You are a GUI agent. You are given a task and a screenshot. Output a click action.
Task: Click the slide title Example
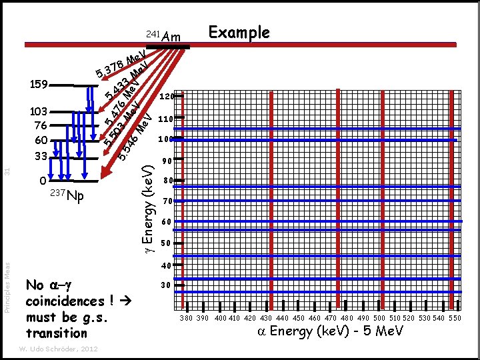[x=239, y=33]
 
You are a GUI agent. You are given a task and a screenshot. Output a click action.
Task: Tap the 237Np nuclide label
[x=67, y=196]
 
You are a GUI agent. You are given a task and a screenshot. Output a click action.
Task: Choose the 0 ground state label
[x=43, y=181]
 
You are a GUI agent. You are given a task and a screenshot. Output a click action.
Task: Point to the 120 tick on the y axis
[x=167, y=96]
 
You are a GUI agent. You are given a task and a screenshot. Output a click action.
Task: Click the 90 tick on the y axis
[x=167, y=161]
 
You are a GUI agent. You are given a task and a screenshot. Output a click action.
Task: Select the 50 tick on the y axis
[x=167, y=243]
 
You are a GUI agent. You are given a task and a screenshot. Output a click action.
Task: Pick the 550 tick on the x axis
[x=455, y=318]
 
